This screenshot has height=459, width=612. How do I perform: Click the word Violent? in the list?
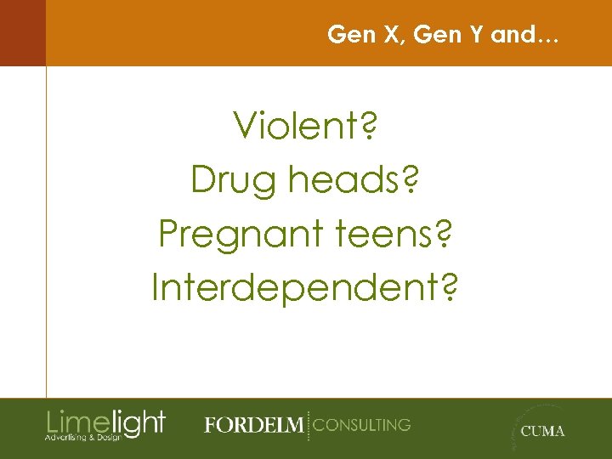tap(305, 127)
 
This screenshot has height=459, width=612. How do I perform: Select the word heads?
tap(349, 180)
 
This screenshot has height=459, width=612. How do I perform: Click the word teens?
tap(388, 234)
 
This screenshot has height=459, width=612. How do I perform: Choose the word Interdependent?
tap(305, 287)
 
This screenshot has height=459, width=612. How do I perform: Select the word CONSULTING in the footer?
tap(362, 424)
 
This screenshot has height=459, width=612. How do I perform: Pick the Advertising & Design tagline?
tap(83, 437)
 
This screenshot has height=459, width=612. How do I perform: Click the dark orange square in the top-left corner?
tap(22, 32)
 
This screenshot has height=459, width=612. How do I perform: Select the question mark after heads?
tap(412, 180)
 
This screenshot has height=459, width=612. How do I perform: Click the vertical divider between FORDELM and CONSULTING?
tap(308, 424)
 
